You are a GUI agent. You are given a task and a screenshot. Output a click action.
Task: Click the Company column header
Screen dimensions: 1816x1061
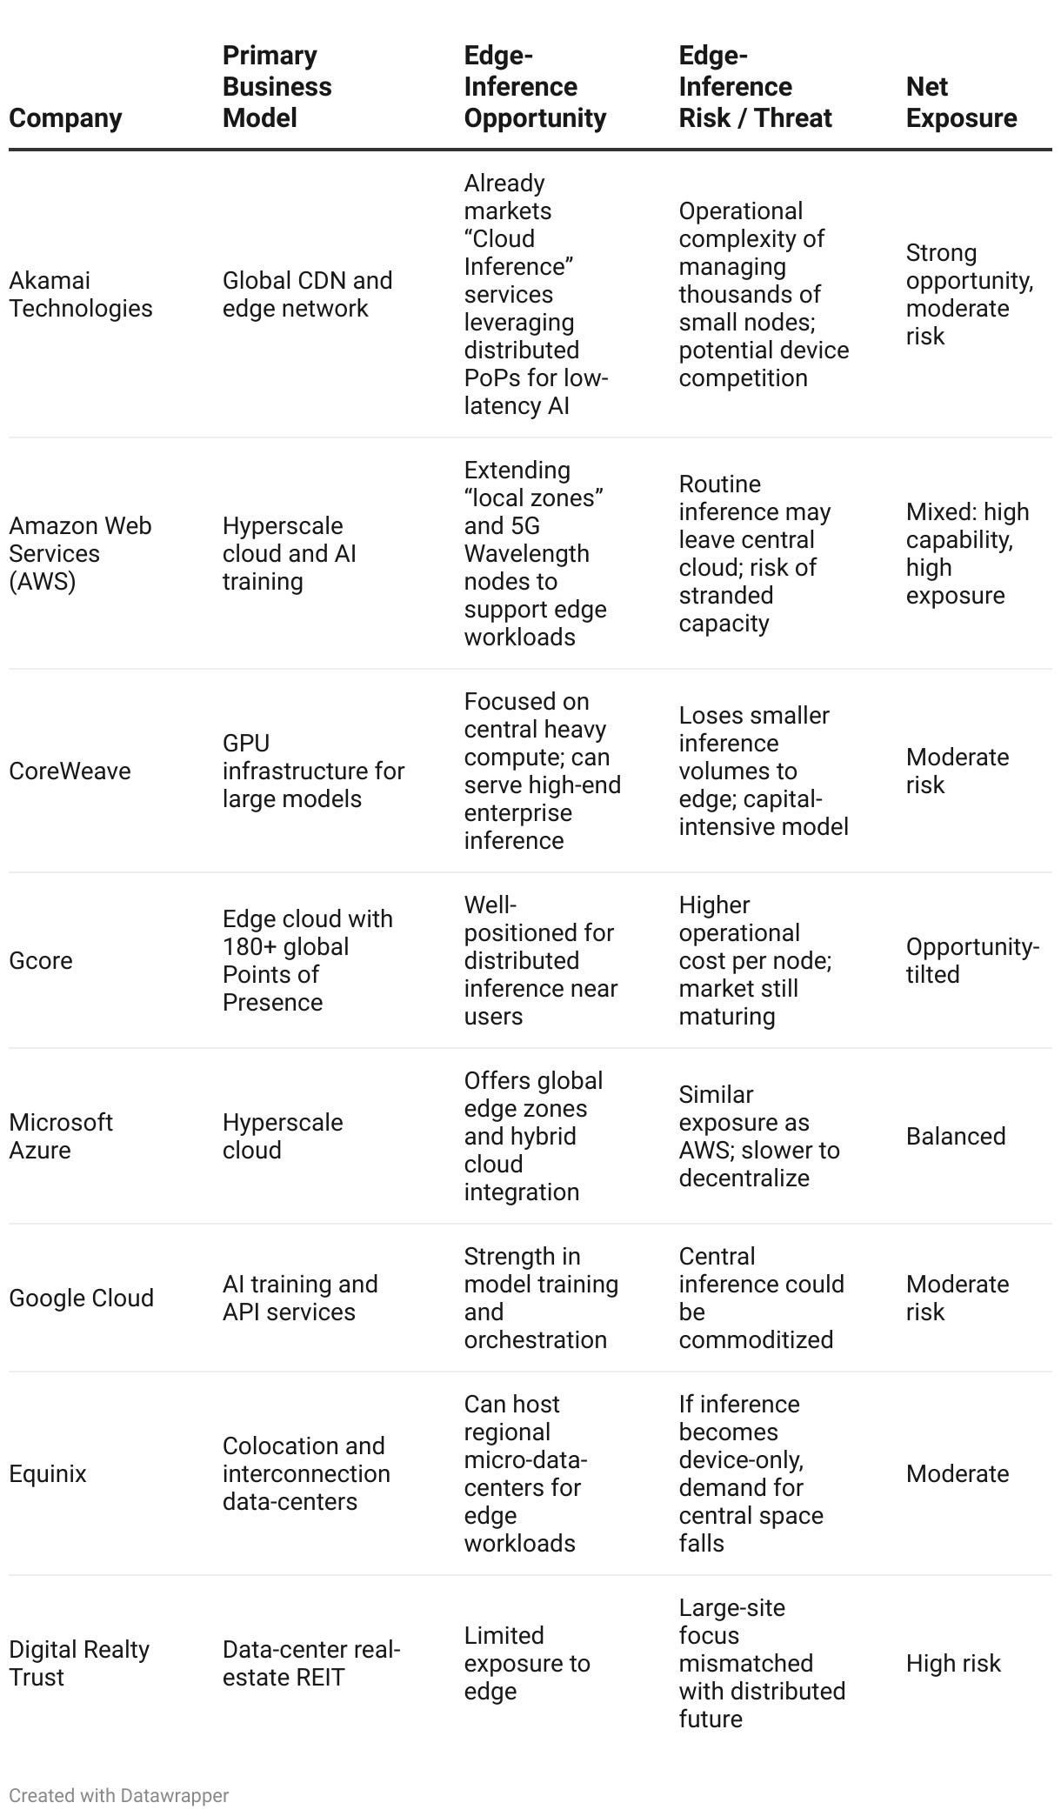[65, 117]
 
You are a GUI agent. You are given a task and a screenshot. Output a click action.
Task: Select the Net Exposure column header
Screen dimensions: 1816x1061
[961, 102]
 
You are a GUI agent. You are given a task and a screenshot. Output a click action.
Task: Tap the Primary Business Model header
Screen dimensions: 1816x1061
[277, 86]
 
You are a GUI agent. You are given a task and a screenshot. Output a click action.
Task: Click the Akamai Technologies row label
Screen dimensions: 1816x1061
[80, 294]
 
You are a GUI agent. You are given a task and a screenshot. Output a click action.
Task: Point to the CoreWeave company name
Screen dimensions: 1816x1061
[70, 771]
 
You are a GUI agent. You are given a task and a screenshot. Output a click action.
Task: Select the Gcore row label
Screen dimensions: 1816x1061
[41, 960]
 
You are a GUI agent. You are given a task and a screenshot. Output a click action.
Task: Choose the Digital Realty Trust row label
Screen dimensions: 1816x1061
[79, 1663]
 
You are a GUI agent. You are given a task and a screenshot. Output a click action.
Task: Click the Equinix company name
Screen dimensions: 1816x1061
[48, 1473]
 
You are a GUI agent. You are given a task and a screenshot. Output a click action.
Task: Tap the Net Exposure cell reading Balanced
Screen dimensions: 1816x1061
[956, 1136]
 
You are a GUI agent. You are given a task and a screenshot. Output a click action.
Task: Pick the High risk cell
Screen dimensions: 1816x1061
[953, 1663]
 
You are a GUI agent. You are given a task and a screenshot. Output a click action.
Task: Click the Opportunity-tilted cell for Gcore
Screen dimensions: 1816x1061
[972, 960]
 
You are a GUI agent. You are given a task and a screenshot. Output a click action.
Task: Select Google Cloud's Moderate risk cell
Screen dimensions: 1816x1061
[957, 1298]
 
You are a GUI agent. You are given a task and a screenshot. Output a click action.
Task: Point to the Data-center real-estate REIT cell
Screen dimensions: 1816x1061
[311, 1663]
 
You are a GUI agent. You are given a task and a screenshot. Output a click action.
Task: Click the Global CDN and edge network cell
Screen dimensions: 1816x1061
[307, 294]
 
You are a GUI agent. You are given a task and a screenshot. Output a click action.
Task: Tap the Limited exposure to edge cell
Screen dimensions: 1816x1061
[527, 1663]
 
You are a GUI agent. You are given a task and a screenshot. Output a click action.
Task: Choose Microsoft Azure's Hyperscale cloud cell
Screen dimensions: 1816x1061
[283, 1136]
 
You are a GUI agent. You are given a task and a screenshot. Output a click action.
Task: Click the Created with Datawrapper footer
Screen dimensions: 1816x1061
[119, 1795]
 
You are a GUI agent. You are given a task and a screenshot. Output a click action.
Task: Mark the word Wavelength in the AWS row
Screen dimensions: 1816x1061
[527, 553]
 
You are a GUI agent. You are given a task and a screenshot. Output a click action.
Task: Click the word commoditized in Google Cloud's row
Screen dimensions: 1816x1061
[756, 1339]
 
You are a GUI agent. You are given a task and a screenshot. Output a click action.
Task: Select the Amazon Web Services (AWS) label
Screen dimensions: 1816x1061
[80, 553]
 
